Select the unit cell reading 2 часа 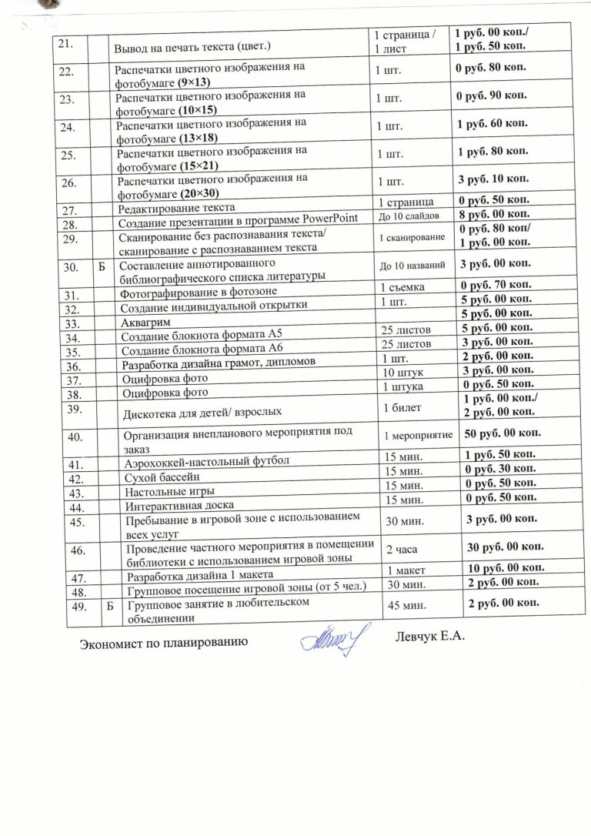pos(400,549)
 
